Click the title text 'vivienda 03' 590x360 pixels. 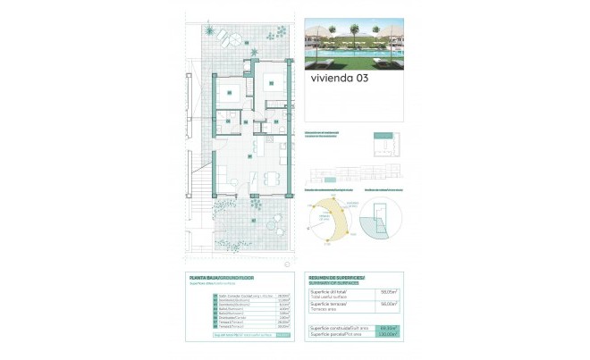tap(339, 78)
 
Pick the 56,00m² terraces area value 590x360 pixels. tap(388, 305)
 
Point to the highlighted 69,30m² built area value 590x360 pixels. tap(388, 328)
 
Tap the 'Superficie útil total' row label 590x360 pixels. tap(330, 290)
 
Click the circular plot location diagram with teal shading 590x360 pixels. tap(383, 221)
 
